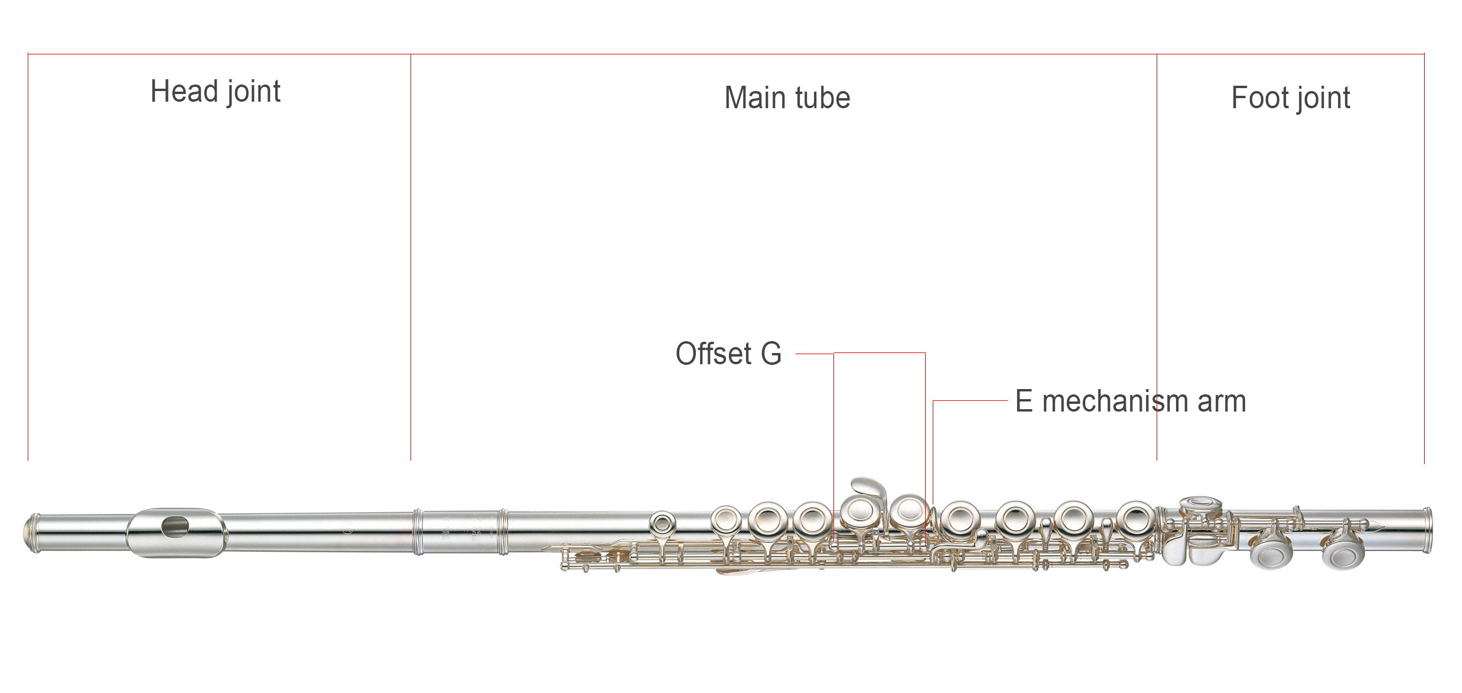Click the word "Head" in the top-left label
[184, 92]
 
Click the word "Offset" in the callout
[713, 354]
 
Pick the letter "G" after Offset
[771, 354]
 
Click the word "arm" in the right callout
[1222, 401]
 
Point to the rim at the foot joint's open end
[1427, 530]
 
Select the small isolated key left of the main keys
[662, 523]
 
